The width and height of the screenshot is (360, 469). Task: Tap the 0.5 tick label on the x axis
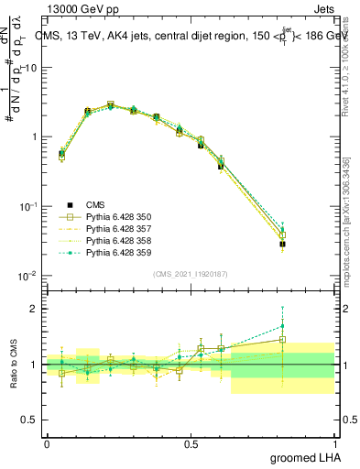(191, 443)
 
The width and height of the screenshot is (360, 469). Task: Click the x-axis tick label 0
(47, 443)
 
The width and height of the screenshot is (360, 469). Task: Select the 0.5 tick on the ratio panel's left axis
(27, 420)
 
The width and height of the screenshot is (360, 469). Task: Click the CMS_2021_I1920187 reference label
(191, 274)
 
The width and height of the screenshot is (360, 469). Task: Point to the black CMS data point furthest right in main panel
(283, 244)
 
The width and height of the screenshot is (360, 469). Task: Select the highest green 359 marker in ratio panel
(283, 326)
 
